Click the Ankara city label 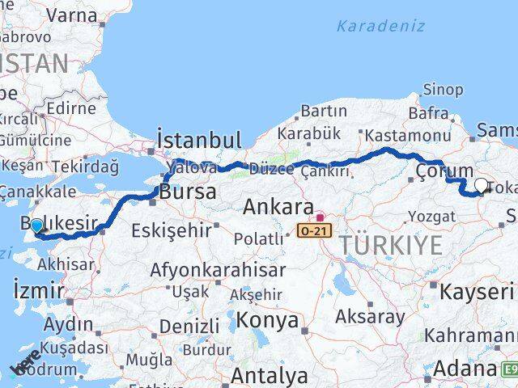(278, 207)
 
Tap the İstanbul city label (200, 141)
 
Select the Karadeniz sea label (380, 26)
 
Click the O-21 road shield (314, 231)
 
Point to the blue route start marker (36, 226)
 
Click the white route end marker (481, 185)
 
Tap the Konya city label (261, 321)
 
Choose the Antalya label (269, 376)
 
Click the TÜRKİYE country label (390, 244)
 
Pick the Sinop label (444, 90)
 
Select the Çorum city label (444, 171)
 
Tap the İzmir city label (38, 289)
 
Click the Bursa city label (188, 192)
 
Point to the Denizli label (189, 327)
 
